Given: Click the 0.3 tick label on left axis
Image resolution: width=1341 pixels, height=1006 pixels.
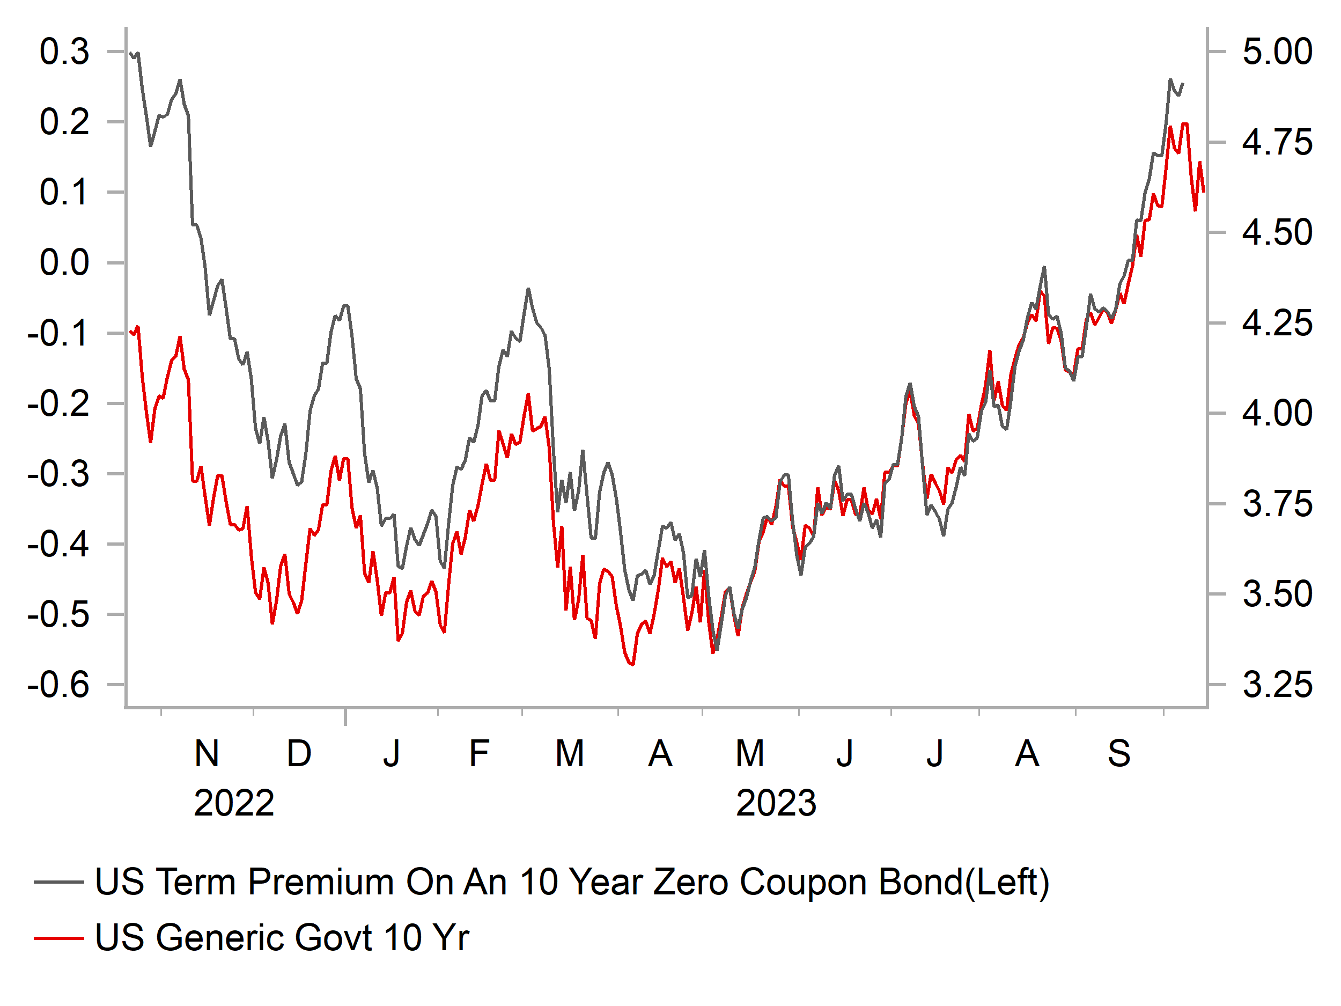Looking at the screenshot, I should pyautogui.click(x=64, y=52).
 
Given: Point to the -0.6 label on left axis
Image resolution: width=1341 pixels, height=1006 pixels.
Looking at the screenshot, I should pyautogui.click(x=58, y=685).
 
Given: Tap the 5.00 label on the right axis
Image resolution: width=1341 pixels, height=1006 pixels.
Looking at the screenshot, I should pyautogui.click(x=1277, y=52).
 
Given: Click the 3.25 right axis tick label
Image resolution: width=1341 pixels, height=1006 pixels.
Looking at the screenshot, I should pyautogui.click(x=1277, y=685).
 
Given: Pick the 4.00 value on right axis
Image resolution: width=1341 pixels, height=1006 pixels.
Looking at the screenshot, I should pyautogui.click(x=1277, y=413).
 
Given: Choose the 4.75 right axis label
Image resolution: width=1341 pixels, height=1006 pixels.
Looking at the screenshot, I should pyautogui.click(x=1277, y=143).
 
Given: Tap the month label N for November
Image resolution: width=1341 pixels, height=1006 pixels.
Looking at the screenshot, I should pyautogui.click(x=207, y=754).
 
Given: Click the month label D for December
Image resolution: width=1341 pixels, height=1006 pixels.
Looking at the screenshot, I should pyautogui.click(x=299, y=754).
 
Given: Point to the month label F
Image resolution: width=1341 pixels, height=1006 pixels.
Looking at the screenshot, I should pyautogui.click(x=479, y=754).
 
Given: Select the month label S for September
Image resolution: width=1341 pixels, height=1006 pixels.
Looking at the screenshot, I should pyautogui.click(x=1119, y=754).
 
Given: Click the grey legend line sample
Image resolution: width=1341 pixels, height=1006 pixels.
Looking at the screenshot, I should pyautogui.click(x=59, y=882).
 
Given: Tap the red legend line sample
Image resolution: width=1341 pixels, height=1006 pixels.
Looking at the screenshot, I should pyautogui.click(x=59, y=938).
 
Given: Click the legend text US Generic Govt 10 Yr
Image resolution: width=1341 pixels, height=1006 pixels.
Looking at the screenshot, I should pyautogui.click(x=282, y=938).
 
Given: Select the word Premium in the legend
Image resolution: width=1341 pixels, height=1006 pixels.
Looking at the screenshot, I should pyautogui.click(x=321, y=882).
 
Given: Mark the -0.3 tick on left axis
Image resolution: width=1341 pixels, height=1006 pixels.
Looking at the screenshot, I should pyautogui.click(x=58, y=474).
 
